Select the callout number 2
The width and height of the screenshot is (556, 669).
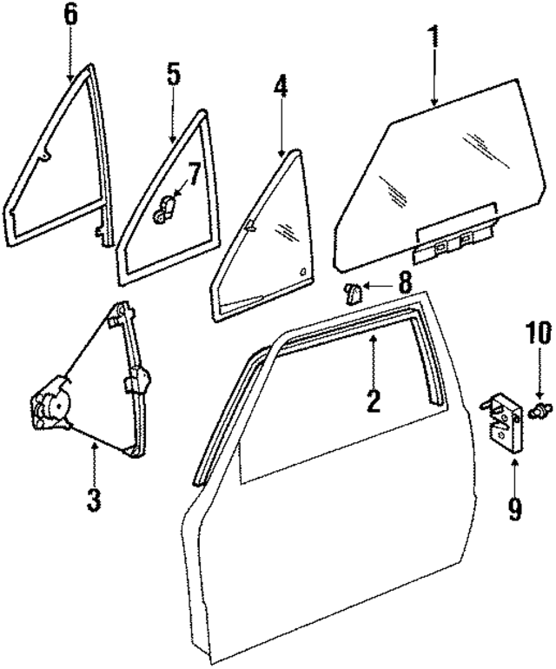[373, 401]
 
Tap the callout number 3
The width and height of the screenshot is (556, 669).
[94, 500]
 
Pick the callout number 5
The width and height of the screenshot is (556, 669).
[174, 74]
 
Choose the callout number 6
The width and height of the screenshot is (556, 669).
[70, 15]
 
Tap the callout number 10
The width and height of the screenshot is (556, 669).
[538, 332]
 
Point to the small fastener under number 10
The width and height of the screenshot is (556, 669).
[539, 408]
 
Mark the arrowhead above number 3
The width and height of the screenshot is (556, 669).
[94, 444]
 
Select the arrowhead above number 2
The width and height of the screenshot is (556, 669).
[373, 340]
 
